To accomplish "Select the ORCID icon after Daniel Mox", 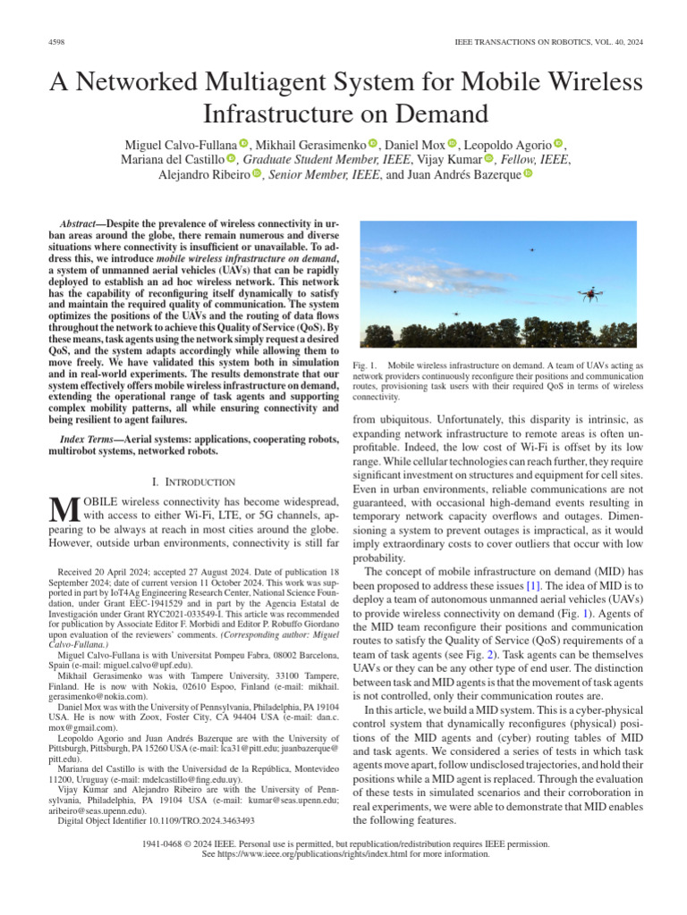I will pos(452,144).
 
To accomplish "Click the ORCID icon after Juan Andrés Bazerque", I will pos(527,175).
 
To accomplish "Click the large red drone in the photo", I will pos(589,293).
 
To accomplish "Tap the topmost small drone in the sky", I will pos(531,250).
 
